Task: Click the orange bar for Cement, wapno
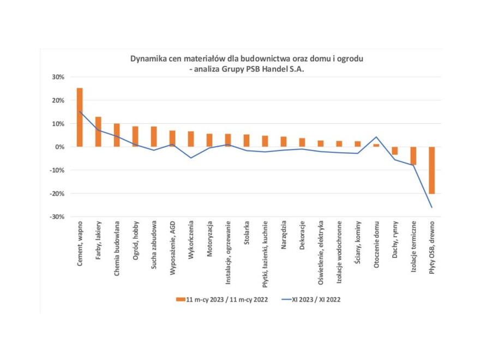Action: pyautogui.click(x=80, y=117)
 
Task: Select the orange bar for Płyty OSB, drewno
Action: pyautogui.click(x=431, y=170)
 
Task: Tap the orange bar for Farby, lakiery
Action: pyautogui.click(x=98, y=131)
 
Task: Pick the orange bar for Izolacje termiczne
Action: pyautogui.click(x=413, y=155)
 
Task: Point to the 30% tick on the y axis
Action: pyautogui.click(x=57, y=77)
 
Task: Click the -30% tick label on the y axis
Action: pyautogui.click(x=57, y=217)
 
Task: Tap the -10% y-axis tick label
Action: pyautogui.click(x=57, y=171)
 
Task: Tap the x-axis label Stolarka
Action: pyautogui.click(x=247, y=235)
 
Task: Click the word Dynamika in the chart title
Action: pyautogui.click(x=147, y=58)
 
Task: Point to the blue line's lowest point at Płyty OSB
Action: pyautogui.click(x=431, y=207)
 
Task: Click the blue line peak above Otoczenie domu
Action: pyautogui.click(x=376, y=137)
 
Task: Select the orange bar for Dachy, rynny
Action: pyautogui.click(x=395, y=151)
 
